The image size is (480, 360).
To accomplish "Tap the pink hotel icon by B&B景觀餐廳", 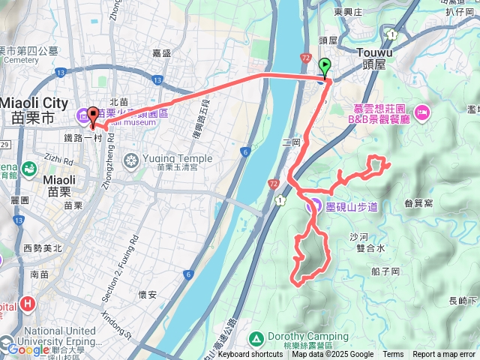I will (421, 113).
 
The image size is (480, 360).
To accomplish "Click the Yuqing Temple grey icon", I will (132, 160).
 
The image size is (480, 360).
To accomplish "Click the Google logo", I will (28, 349).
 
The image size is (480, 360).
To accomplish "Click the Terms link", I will (393, 355).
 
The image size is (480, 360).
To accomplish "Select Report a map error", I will (444, 355).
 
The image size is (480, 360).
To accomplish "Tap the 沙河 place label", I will (359, 235).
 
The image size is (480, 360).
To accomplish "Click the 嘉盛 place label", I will (161, 52).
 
